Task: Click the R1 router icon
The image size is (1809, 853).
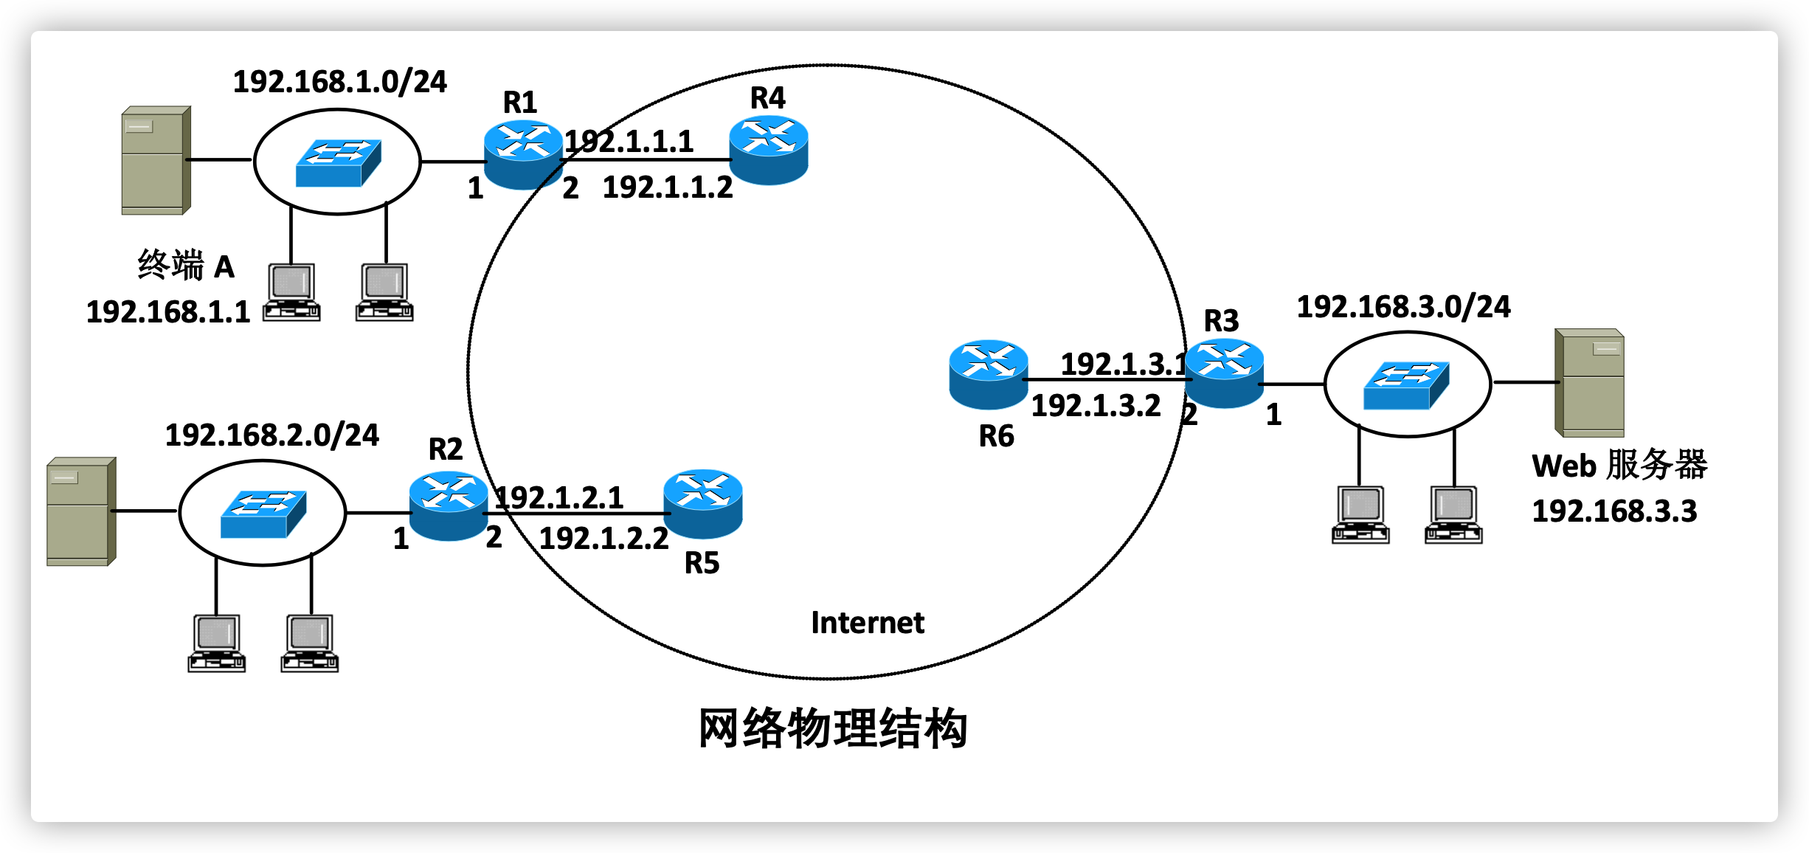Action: [x=523, y=154]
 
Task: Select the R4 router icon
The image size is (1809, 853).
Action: [x=769, y=150]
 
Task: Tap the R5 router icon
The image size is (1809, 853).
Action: [x=702, y=504]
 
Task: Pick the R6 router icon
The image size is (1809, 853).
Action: [x=988, y=374]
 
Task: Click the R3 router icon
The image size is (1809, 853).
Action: [x=1225, y=373]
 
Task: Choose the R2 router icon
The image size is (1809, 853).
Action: [x=449, y=505]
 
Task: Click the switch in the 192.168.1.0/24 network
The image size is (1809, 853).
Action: [x=338, y=163]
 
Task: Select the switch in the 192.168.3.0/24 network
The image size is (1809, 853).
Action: [x=1406, y=385]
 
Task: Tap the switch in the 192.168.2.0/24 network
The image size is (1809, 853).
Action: [x=263, y=514]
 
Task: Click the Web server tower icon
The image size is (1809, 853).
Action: [x=1589, y=383]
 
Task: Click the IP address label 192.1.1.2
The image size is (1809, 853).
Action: [x=668, y=187]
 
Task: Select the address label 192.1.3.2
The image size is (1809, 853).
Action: [x=1096, y=406]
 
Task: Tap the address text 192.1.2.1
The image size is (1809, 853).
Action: [x=559, y=497]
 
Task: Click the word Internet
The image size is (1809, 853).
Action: [x=867, y=623]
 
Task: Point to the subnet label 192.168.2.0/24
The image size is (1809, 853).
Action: [x=271, y=435]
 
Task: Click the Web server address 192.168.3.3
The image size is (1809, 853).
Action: [x=1614, y=511]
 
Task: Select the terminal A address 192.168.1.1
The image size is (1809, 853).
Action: [x=168, y=312]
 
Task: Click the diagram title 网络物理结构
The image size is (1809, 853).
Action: [x=832, y=728]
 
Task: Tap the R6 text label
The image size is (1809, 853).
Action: [x=996, y=436]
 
